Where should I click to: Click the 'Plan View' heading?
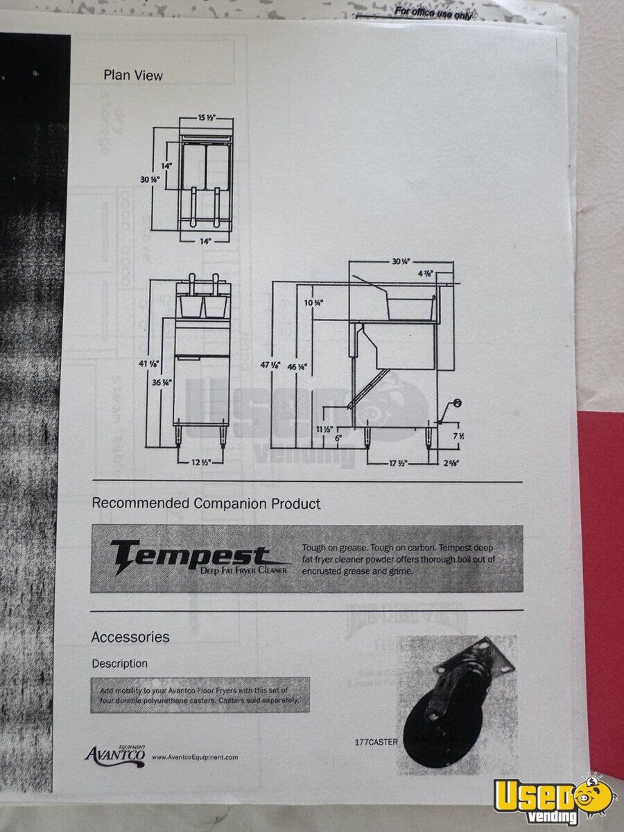click(x=133, y=75)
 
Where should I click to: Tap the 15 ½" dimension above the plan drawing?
click(x=206, y=118)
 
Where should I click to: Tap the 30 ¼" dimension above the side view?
click(x=401, y=261)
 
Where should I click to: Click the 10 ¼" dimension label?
click(x=313, y=303)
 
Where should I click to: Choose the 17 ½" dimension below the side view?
click(x=397, y=462)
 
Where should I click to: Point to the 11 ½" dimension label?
click(x=323, y=430)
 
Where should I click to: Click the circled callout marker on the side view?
click(x=458, y=403)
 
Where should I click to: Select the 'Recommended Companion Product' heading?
click(x=206, y=503)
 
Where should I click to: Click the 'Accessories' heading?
click(x=130, y=636)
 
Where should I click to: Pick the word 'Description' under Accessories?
click(x=120, y=664)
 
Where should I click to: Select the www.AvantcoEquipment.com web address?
click(x=195, y=757)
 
